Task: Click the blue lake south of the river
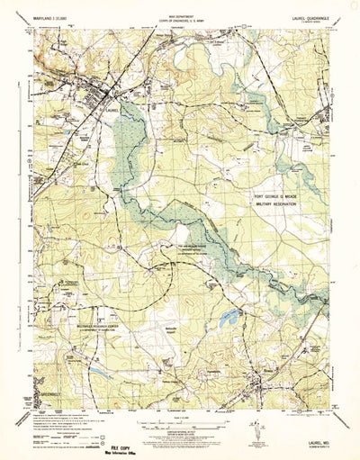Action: coord(231,316)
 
